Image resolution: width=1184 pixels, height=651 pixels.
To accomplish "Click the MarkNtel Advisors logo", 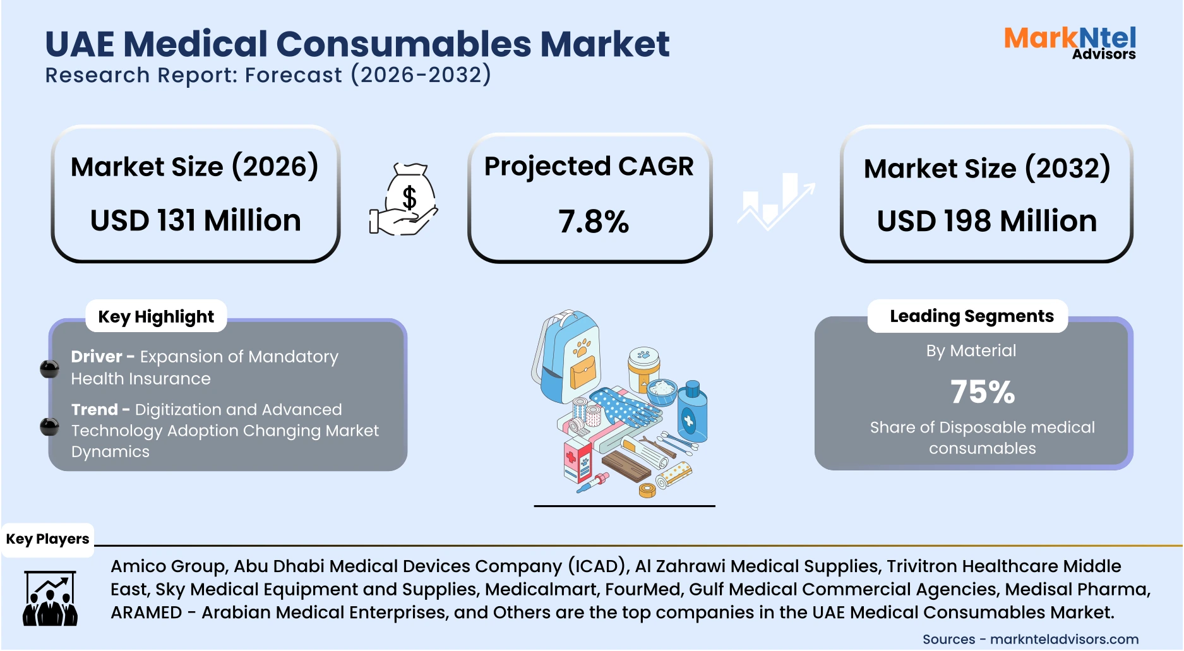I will [1070, 42].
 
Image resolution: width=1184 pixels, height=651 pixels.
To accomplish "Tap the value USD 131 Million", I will [195, 220].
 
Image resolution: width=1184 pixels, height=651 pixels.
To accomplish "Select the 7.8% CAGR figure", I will [593, 222].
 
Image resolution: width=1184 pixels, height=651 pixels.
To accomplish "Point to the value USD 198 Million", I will [986, 221].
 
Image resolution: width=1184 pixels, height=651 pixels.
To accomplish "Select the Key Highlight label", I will [156, 316].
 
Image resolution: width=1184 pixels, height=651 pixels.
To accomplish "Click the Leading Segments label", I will [971, 316].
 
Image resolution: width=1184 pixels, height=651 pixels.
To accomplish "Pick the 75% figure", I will [982, 392].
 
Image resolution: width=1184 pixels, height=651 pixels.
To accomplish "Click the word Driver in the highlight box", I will [96, 357].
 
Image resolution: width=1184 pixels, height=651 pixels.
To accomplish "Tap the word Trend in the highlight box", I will [94, 410].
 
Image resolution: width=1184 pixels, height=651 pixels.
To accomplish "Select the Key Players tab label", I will [47, 539].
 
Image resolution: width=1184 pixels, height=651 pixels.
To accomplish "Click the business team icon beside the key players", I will [50, 599].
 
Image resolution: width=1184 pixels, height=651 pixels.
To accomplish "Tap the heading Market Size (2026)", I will [194, 167].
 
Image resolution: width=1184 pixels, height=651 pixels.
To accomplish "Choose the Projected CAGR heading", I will [589, 167].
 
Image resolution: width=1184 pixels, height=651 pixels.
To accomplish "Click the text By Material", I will [971, 350].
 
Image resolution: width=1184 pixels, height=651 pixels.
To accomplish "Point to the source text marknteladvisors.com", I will [1064, 640].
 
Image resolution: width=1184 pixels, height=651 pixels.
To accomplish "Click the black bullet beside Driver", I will [49, 369].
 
